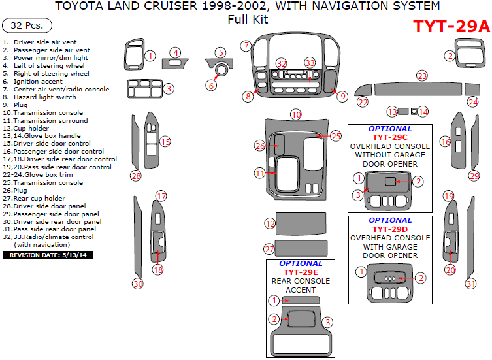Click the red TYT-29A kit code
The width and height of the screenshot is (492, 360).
451,26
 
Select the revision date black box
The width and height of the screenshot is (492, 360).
48,255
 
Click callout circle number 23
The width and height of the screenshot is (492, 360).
422,76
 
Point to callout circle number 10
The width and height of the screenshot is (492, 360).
296,114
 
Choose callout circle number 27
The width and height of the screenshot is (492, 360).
269,249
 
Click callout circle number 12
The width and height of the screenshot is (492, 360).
270,223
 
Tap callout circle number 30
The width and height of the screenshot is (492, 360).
137,284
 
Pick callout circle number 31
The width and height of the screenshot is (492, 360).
470,284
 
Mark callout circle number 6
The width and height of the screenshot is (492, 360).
211,85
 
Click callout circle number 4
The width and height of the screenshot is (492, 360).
175,52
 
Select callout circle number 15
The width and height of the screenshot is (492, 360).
165,142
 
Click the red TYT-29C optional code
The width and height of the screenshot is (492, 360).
390,138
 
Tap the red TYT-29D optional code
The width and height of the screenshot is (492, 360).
390,229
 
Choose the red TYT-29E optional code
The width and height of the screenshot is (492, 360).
301,272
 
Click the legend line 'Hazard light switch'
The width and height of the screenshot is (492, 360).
44,97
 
